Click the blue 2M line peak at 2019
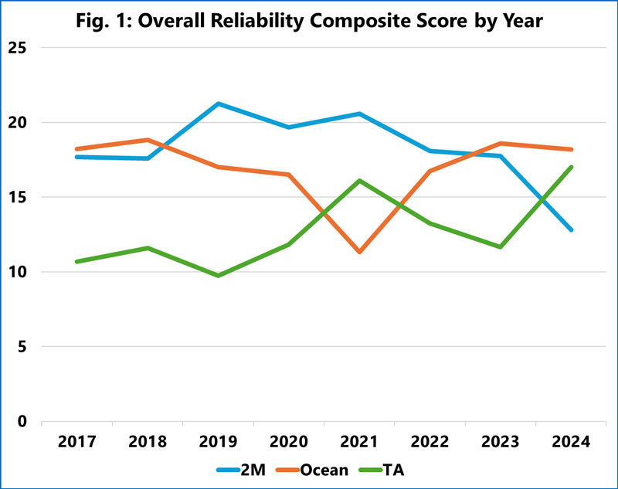pyautogui.click(x=219, y=104)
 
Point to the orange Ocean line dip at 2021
pyautogui.click(x=360, y=252)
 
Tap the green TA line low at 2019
pyautogui.click(x=219, y=275)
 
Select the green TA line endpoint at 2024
pyautogui.click(x=572, y=167)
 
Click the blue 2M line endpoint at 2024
pyautogui.click(x=572, y=229)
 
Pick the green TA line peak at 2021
pyautogui.click(x=360, y=181)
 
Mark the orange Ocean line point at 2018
pyautogui.click(x=148, y=140)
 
